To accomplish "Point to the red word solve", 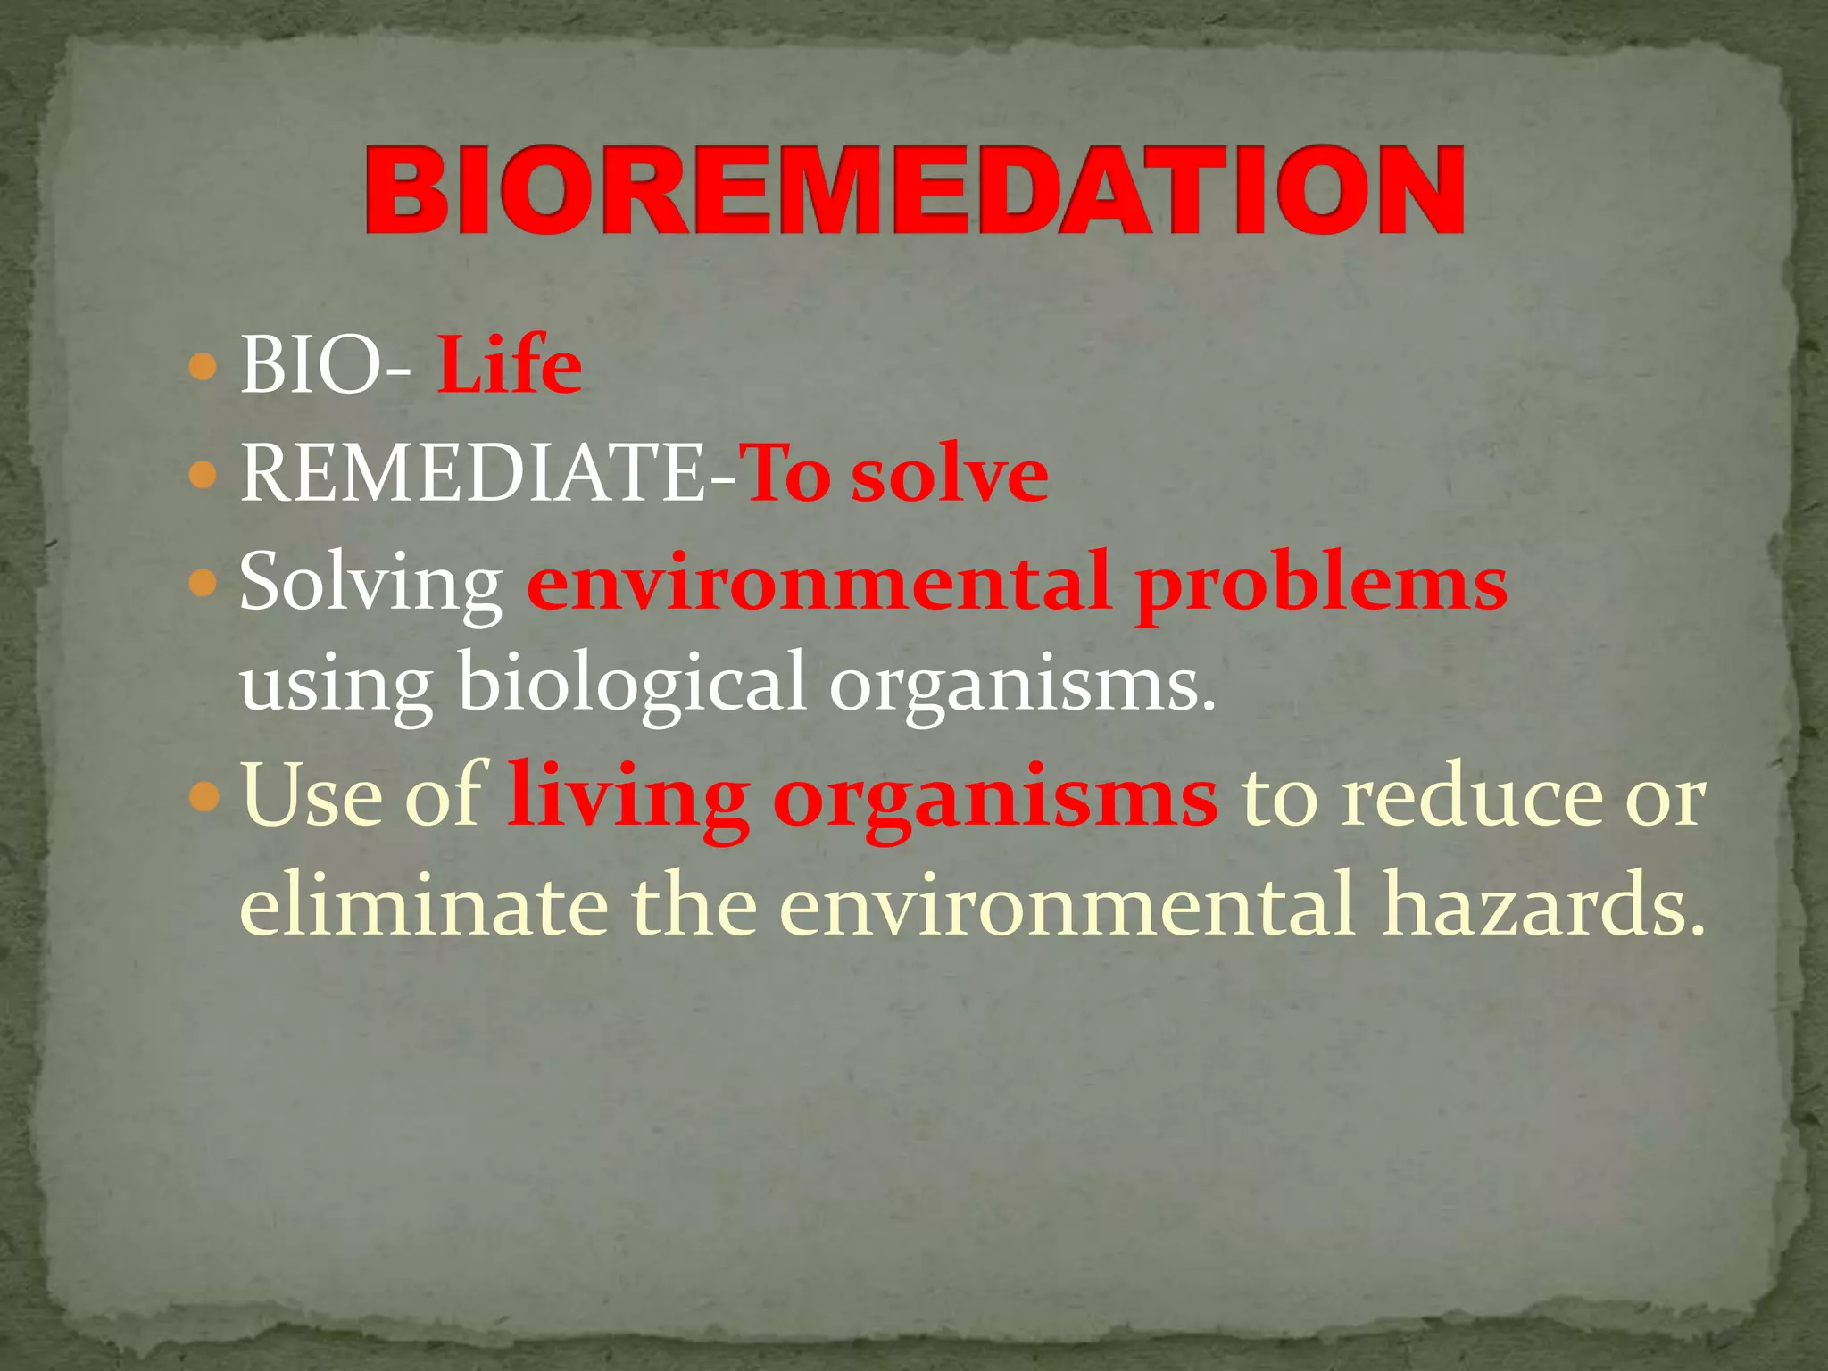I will pyautogui.click(x=950, y=474).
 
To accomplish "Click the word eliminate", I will pyautogui.click(x=424, y=903).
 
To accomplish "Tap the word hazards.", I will pyautogui.click(x=1543, y=903).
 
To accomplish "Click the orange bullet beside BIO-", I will pyautogui.click(x=204, y=367).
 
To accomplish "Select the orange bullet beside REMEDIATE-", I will pyautogui.click(x=204, y=475).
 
